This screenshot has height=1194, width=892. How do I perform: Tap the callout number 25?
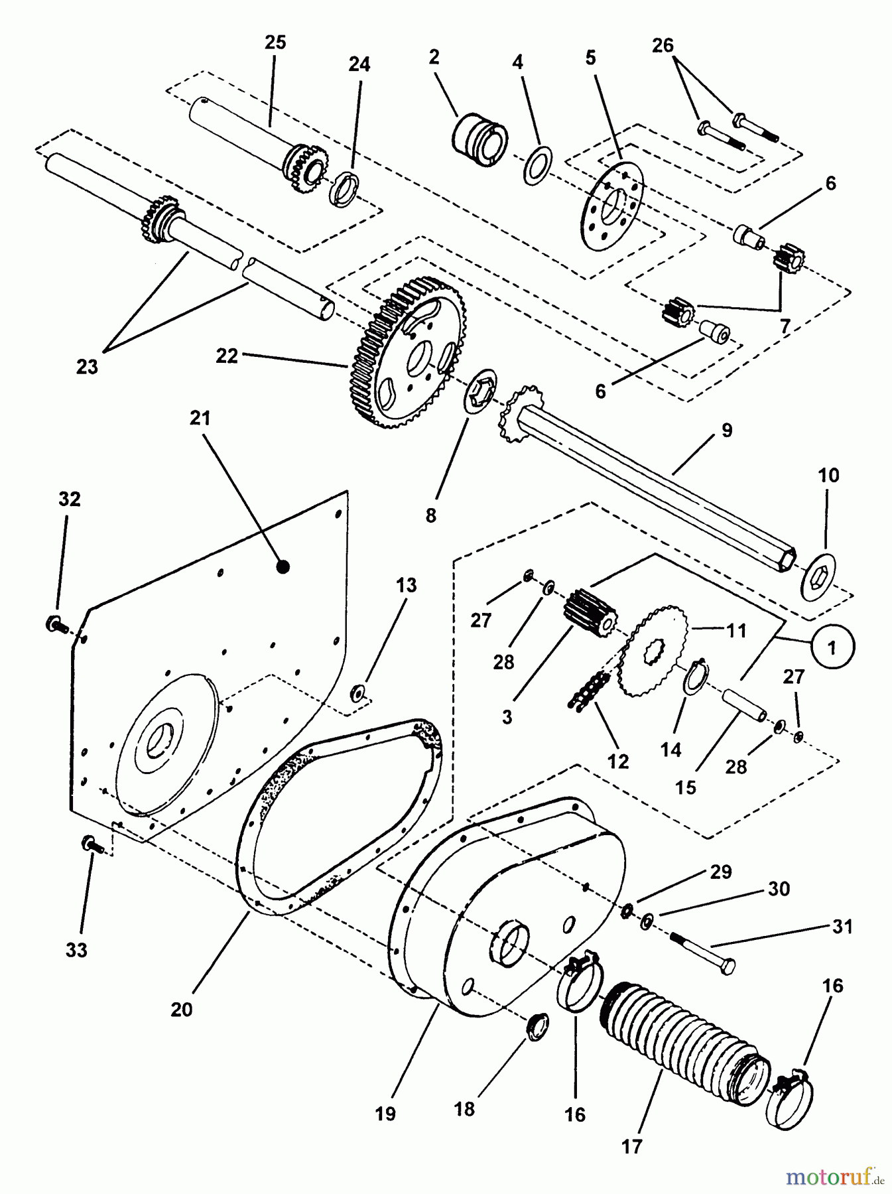[x=275, y=42]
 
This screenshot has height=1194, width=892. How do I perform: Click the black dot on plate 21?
[x=283, y=566]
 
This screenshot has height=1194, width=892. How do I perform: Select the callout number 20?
[x=181, y=1009]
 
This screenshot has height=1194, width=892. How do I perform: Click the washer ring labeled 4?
[x=536, y=164]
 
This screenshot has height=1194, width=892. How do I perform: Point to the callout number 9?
[x=726, y=430]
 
